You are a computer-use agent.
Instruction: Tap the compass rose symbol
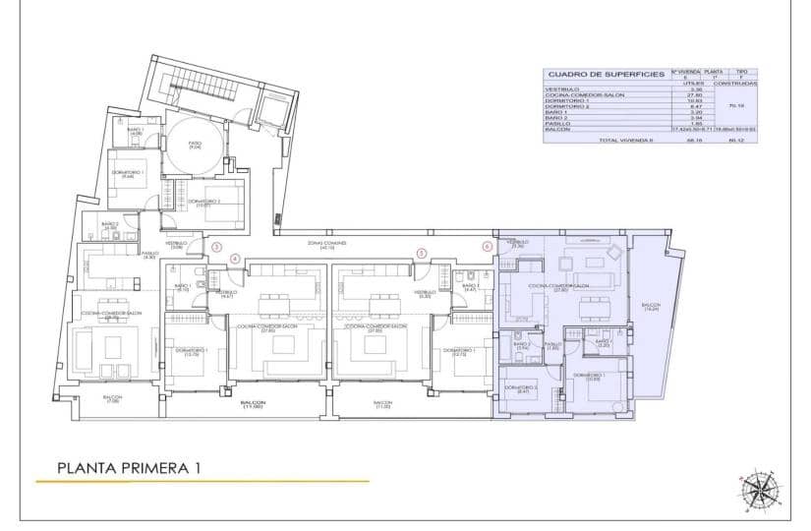[x=758, y=488]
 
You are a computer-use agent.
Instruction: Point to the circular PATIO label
[x=196, y=145]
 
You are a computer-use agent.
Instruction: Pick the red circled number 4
[x=234, y=259]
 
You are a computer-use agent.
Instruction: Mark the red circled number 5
[x=421, y=253]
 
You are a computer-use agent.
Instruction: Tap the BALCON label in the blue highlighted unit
[x=651, y=307]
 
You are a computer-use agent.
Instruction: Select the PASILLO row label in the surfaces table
[x=557, y=123]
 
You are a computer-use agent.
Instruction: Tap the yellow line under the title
[x=202, y=482]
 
